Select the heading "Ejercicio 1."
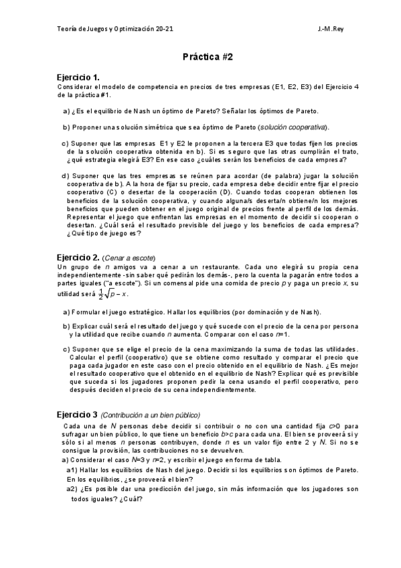(78, 78)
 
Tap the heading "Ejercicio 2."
(78, 257)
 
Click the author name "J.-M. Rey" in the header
(332, 29)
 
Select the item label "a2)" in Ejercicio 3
(73, 489)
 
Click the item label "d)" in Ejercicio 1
(66, 176)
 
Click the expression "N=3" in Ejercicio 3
(138, 459)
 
